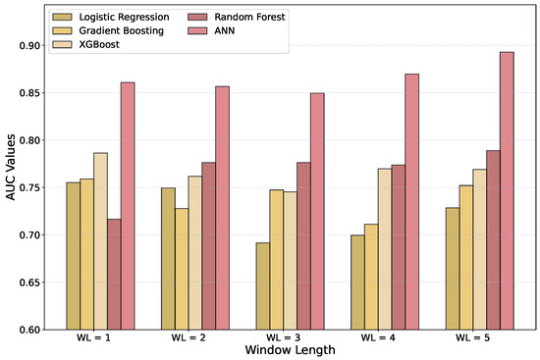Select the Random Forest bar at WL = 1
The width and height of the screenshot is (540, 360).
pyautogui.click(x=114, y=275)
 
